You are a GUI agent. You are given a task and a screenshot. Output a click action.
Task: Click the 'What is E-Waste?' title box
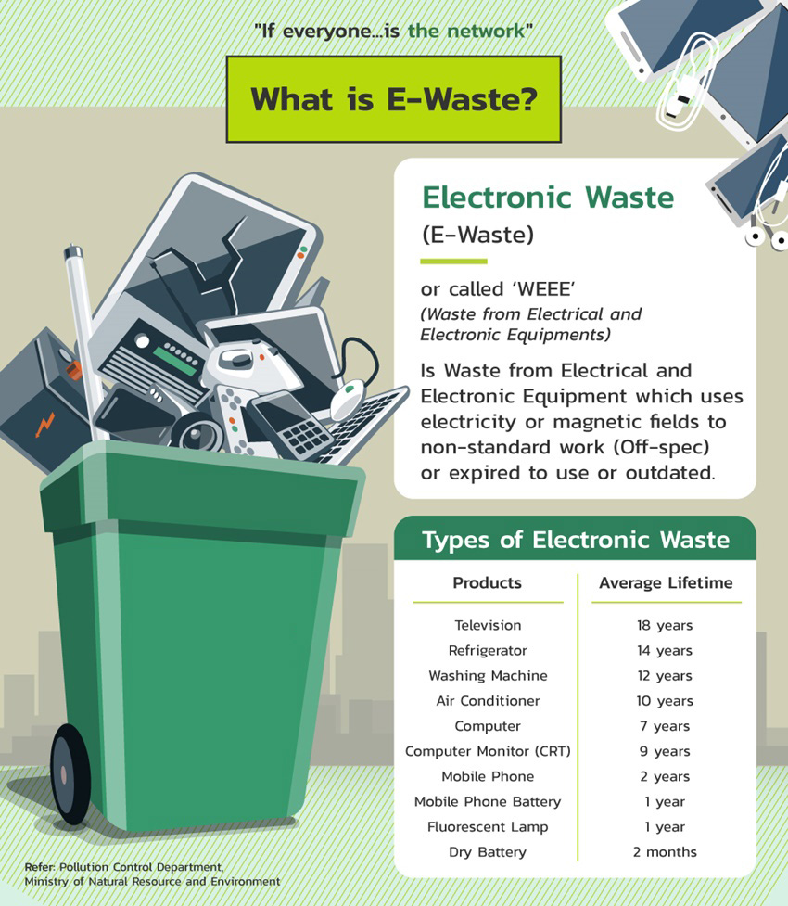coord(393,99)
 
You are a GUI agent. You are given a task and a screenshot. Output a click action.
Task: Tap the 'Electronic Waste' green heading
coord(548,197)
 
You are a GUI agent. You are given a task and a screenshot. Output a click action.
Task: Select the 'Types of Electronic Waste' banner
coord(575,540)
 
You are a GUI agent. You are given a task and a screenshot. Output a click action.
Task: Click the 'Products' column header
coord(487,583)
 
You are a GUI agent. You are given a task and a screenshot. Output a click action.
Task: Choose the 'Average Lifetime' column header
coord(666,583)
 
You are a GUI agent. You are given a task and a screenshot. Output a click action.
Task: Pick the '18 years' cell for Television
coord(665,626)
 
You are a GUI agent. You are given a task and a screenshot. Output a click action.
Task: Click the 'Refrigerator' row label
coord(488,651)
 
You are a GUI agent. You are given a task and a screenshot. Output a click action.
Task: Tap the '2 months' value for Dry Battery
coord(665,851)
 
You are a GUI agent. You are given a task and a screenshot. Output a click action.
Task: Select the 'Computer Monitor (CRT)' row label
coord(488,751)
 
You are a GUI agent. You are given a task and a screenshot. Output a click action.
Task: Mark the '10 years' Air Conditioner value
coord(665,701)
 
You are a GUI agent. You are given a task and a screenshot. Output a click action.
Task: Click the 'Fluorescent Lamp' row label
coord(488,826)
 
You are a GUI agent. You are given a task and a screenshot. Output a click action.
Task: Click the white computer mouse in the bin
coord(346,402)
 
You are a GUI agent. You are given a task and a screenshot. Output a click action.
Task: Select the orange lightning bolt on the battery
coord(44,425)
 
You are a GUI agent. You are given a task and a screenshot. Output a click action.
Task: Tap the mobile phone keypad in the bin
coord(304,435)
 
